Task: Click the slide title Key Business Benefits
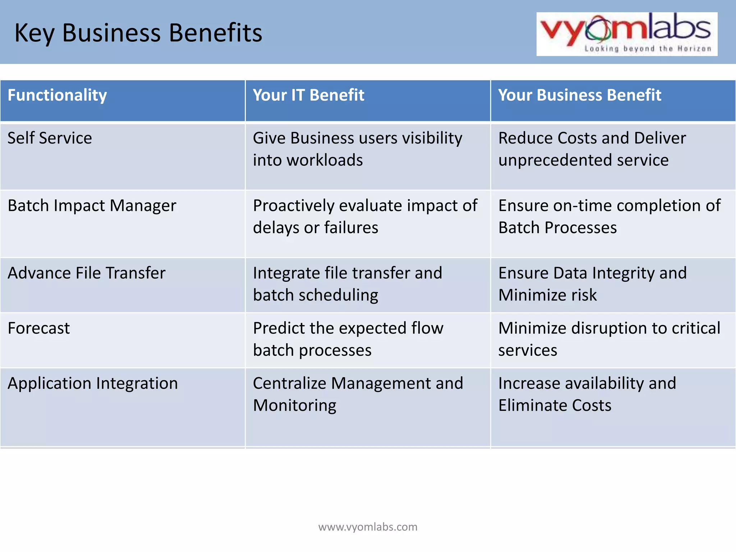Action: coord(138,33)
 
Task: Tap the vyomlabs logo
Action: coord(626,34)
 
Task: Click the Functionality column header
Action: coord(57,95)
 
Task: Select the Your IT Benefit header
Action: coord(308,95)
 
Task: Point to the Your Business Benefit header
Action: coord(579,95)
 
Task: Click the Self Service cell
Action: coord(50,138)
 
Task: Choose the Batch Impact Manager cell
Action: coord(92,206)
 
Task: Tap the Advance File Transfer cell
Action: coord(87,273)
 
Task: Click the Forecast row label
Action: coord(39,328)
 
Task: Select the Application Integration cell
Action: coord(93,383)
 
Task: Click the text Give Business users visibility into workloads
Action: coord(357,149)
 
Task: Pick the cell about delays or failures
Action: coord(365,217)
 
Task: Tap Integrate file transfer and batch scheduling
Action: coord(347,284)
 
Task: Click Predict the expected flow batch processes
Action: coord(348,339)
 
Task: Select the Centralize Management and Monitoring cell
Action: coord(358,394)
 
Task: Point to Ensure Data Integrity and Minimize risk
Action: coord(592,284)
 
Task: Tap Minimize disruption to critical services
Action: coord(609,339)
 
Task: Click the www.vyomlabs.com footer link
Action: coord(368,527)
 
